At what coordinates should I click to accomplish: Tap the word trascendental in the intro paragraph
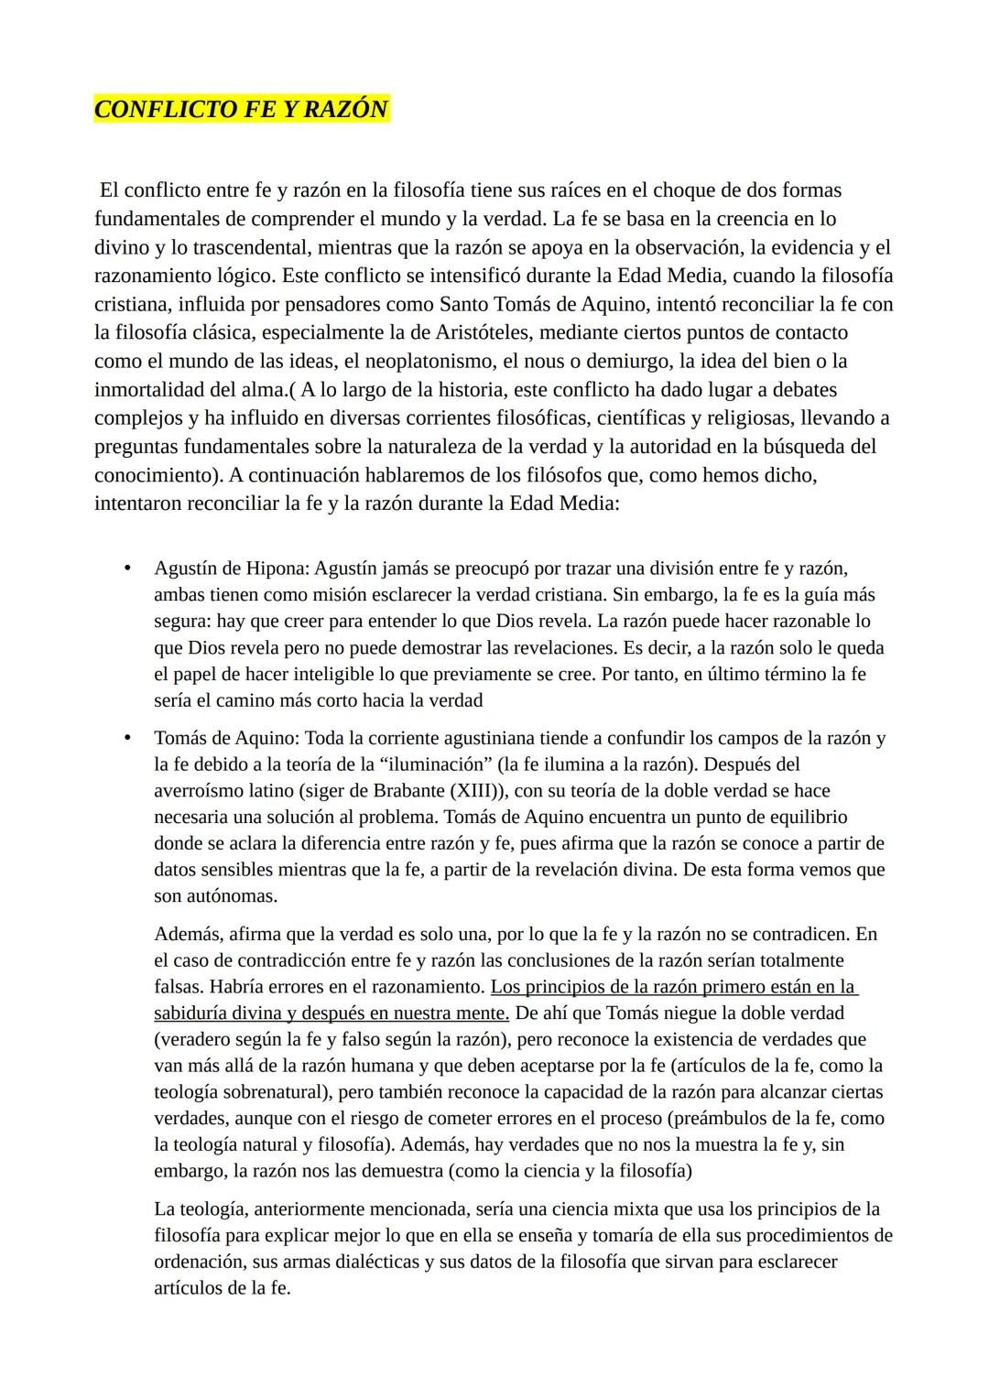[x=234, y=247]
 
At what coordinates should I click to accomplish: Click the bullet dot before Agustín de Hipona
[x=128, y=569]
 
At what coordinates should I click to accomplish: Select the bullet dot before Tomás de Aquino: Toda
[x=128, y=738]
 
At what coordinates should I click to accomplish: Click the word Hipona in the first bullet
[x=278, y=569]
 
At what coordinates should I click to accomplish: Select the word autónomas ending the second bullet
[x=228, y=896]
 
